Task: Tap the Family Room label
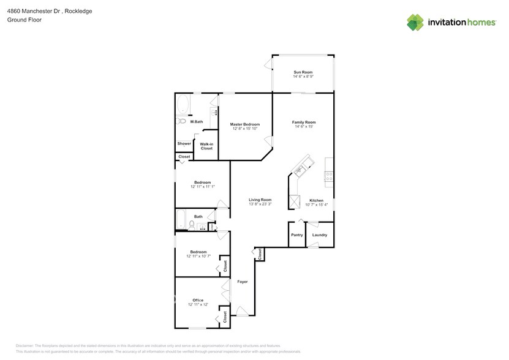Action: coord(303,122)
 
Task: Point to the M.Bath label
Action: coord(197,122)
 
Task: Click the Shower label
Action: coord(184,144)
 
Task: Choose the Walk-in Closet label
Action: coord(206,146)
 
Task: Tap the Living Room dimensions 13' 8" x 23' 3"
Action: coord(260,204)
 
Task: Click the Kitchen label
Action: coord(316,200)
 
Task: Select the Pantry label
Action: coord(296,235)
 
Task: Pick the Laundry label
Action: coord(319,235)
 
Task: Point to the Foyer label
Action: coord(243,282)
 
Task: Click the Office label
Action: coord(198,300)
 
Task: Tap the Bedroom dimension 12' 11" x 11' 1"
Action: coord(203,187)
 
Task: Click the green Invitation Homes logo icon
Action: coord(416,23)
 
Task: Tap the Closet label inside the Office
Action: coord(225,317)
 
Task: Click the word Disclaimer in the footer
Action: coord(25,346)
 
